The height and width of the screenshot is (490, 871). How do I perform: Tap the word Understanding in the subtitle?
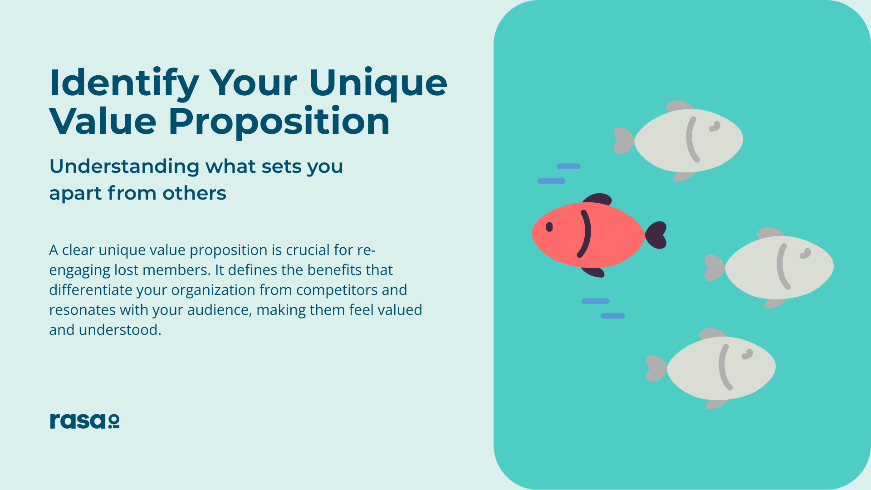[x=124, y=167]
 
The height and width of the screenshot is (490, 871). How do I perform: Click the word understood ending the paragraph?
[x=120, y=330]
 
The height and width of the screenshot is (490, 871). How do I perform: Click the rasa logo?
[x=84, y=421]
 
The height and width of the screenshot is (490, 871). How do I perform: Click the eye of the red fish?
[x=549, y=227]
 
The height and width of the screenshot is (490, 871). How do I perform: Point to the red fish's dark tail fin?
[x=656, y=235]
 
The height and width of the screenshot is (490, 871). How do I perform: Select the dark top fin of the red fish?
[x=598, y=200]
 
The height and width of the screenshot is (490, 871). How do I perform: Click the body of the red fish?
[x=588, y=235]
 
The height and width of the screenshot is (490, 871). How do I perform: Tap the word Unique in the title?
[x=378, y=83]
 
